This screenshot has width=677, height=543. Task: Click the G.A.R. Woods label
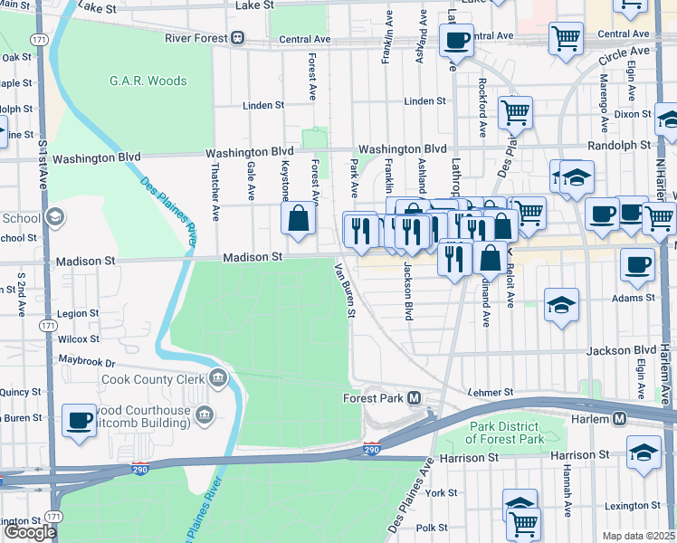[148, 81]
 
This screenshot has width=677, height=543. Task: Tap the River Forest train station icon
[237, 38]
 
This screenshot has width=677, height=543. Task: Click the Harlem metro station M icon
[620, 419]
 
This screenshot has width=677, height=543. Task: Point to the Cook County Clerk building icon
[216, 377]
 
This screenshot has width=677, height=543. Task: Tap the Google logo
[30, 532]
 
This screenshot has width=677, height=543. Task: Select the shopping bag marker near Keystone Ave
[298, 218]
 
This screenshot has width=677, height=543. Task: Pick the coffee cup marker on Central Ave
[456, 40]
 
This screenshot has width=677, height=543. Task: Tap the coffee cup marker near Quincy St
[80, 420]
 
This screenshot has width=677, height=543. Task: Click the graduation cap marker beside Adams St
[561, 304]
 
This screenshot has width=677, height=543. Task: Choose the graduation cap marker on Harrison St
[644, 452]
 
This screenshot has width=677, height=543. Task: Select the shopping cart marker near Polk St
[523, 522]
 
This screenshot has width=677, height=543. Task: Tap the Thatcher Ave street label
[215, 193]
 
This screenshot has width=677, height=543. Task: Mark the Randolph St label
[619, 145]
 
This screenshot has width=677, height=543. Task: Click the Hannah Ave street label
[567, 483]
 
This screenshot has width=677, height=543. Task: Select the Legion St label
[77, 313]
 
